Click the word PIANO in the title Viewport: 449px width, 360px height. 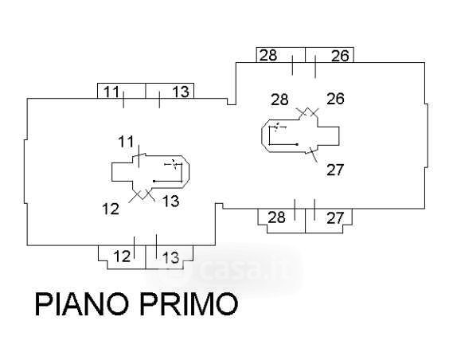82,303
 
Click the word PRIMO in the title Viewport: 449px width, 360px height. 189,303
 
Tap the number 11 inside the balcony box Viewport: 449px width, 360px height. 111,92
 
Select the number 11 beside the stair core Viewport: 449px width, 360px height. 127,142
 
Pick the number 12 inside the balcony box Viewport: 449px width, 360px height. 122,256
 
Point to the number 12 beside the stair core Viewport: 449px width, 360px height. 111,209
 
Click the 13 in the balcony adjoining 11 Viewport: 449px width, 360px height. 181,92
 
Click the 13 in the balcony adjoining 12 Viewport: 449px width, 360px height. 171,257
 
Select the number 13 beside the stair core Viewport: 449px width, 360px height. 171,201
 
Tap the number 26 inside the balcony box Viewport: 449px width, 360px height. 340,56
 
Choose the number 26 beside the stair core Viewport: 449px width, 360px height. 335,99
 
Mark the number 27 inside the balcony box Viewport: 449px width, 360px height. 335,218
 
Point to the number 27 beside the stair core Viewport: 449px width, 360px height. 335,170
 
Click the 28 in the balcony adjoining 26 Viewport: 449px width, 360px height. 268,55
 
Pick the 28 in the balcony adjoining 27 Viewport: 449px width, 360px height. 276,217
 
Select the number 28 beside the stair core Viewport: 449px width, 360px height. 279,100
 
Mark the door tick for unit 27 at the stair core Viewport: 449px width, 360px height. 314,155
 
